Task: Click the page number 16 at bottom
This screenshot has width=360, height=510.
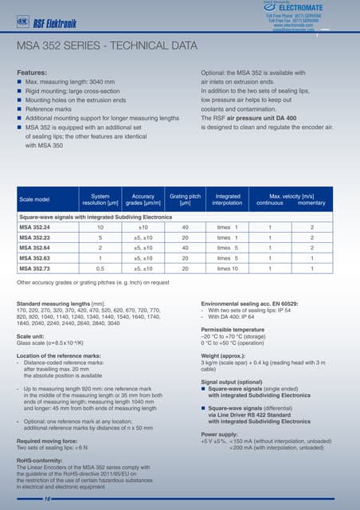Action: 25,498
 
